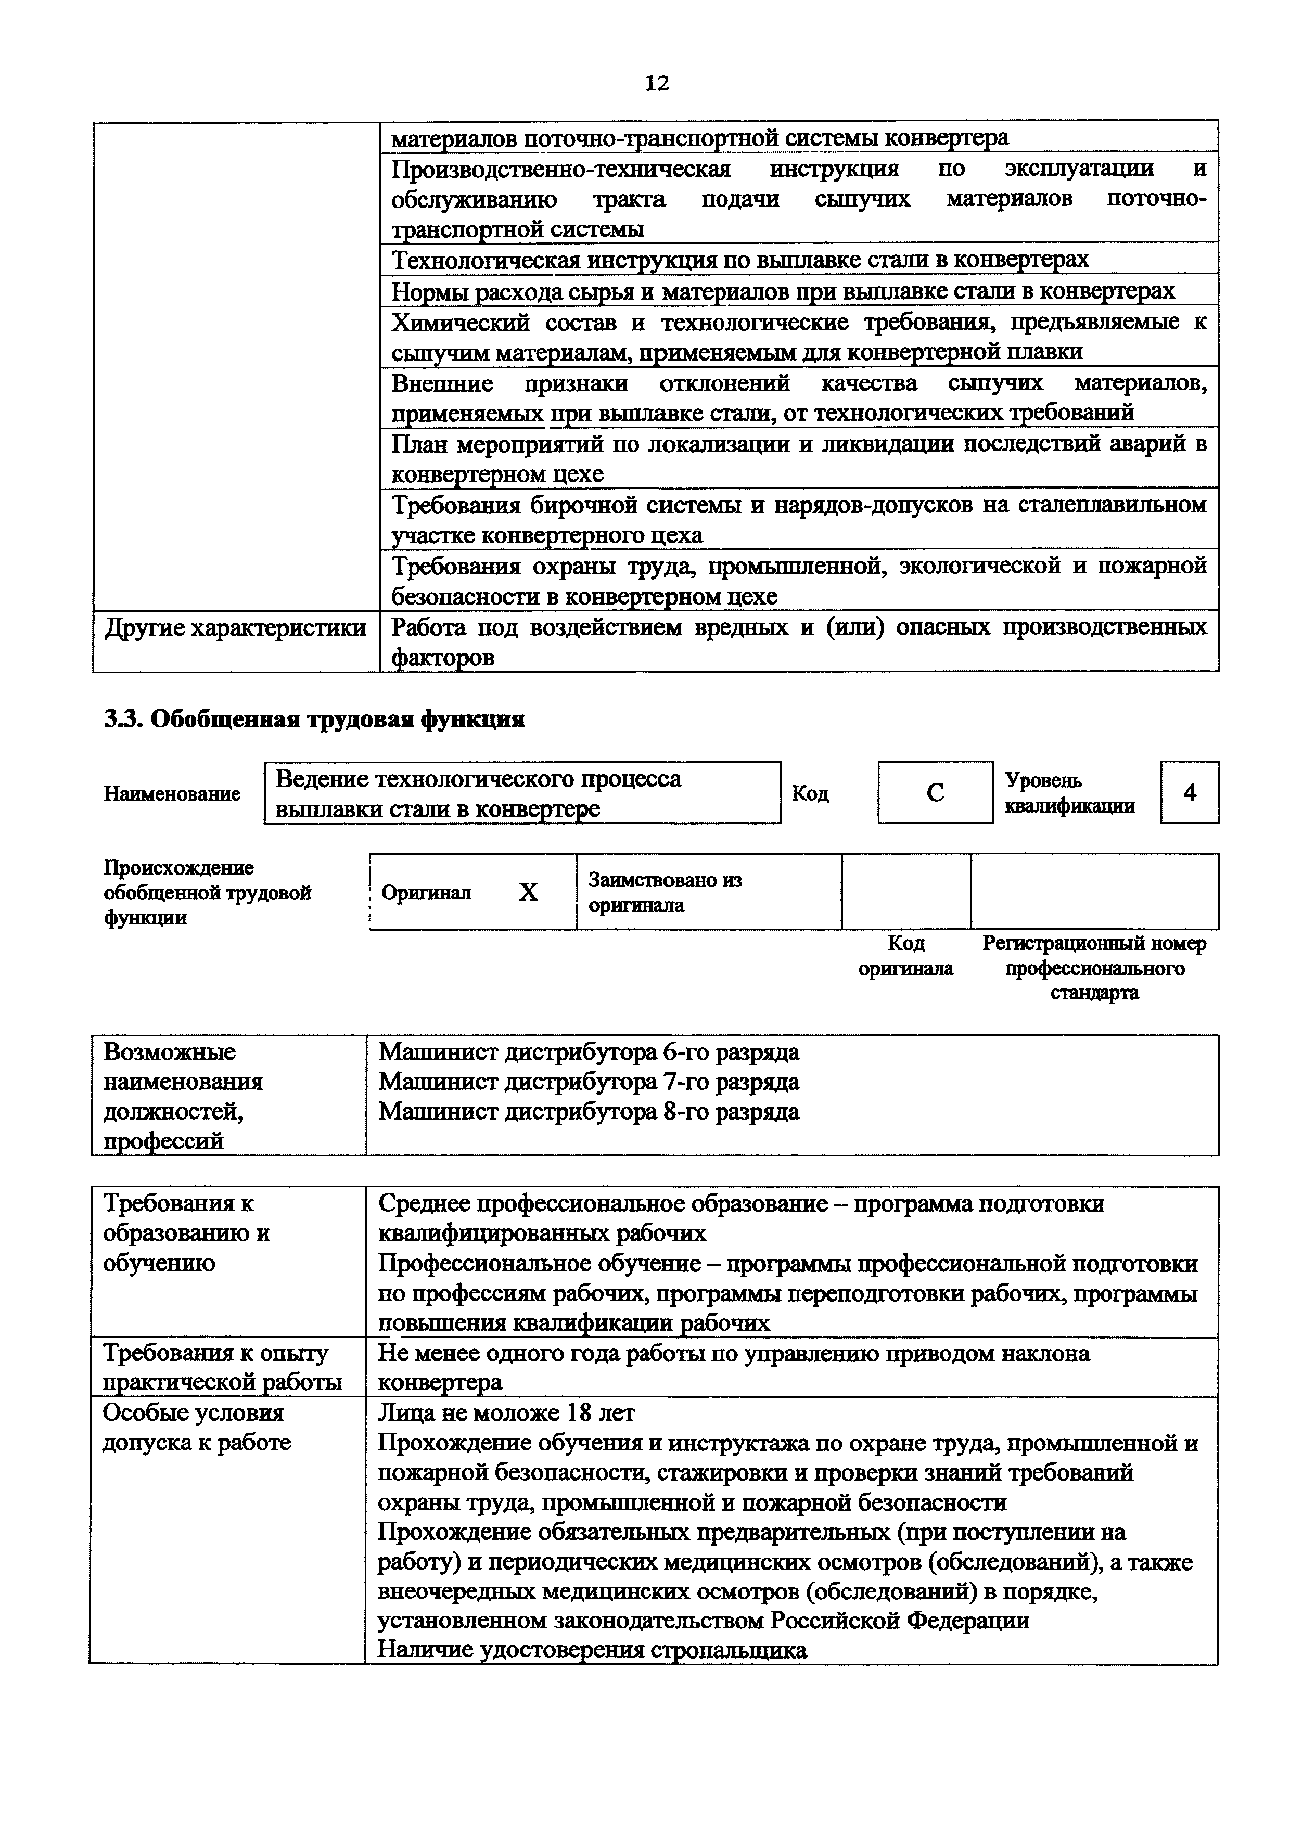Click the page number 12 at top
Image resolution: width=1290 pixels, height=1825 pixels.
coord(657,83)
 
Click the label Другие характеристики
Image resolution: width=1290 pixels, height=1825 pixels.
coord(235,628)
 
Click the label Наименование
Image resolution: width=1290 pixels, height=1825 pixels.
coord(172,793)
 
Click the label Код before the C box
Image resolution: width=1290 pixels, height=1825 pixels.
coord(810,793)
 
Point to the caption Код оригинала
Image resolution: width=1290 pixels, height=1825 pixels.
coord(905,956)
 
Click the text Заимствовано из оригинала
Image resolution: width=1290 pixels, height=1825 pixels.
coord(665,892)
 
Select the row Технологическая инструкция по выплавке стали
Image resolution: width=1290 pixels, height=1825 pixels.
coord(739,259)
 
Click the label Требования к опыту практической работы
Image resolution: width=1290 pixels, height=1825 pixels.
coord(223,1368)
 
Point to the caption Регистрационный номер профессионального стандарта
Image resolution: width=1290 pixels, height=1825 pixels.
coord(1094,967)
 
